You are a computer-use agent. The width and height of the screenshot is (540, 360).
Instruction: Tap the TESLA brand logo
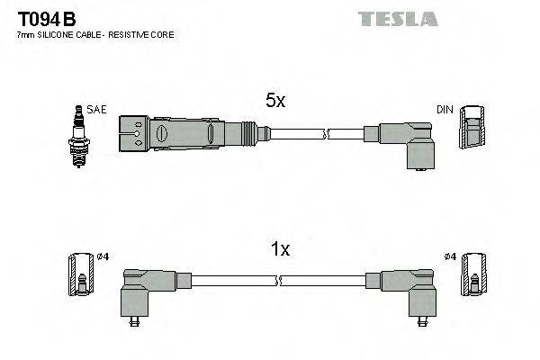coord(397,18)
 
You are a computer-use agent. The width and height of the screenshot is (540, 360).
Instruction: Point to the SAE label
coord(96,109)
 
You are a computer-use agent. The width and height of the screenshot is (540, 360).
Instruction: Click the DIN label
coord(445,110)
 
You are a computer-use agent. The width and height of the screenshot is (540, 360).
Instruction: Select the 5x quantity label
coord(275,102)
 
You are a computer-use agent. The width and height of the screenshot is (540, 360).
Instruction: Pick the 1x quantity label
coord(280,249)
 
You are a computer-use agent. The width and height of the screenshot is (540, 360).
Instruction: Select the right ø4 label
coord(450,257)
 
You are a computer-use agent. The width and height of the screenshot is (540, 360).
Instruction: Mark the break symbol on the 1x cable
coord(281,281)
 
